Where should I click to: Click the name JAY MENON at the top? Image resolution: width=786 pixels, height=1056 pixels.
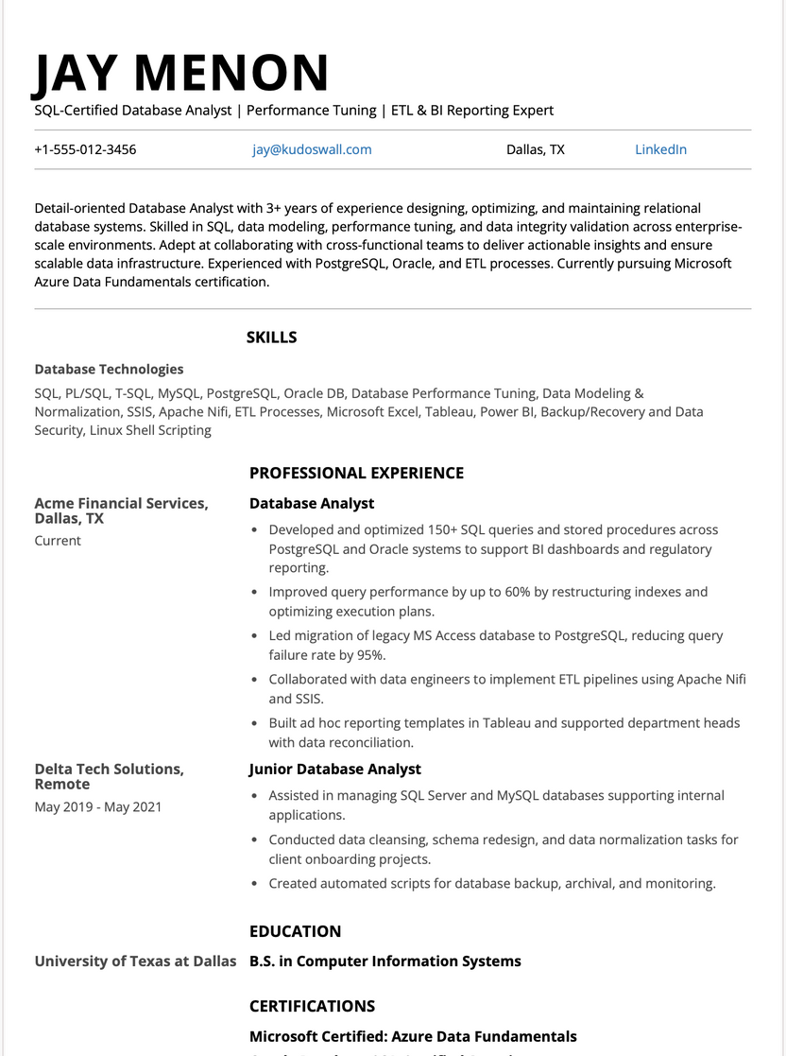coord(181,74)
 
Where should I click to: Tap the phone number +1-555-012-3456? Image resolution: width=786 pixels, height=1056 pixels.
coord(85,149)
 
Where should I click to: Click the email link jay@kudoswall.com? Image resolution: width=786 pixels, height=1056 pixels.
coord(312,149)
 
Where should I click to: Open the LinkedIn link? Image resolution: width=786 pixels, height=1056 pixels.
coord(660,149)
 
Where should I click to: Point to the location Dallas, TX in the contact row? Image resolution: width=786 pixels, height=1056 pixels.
coord(536,149)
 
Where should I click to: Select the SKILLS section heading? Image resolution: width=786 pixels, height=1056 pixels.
coord(271,338)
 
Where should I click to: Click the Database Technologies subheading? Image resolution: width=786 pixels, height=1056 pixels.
coord(109,370)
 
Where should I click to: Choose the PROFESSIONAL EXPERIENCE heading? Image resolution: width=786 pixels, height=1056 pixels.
coord(356,473)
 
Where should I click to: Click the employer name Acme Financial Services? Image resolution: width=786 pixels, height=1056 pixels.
coord(121,504)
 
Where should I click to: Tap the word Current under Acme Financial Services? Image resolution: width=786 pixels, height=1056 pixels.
coord(58,541)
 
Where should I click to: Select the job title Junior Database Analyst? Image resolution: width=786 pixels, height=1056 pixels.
coord(334,770)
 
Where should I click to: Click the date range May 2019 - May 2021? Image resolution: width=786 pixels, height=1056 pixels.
coord(98,807)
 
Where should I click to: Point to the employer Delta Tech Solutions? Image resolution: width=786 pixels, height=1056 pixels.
coord(110,770)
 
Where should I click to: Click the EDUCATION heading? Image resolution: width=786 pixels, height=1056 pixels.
coord(295,931)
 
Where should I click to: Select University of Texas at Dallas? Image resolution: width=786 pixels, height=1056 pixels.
coord(135,961)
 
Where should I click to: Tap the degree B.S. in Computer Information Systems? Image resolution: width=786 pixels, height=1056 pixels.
coord(384,961)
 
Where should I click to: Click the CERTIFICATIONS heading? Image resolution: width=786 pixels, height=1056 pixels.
coord(312,1006)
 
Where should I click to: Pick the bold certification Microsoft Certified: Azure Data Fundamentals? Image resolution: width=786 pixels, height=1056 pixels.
coord(413,1036)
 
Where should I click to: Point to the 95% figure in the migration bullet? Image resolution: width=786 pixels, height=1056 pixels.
coord(369,655)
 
